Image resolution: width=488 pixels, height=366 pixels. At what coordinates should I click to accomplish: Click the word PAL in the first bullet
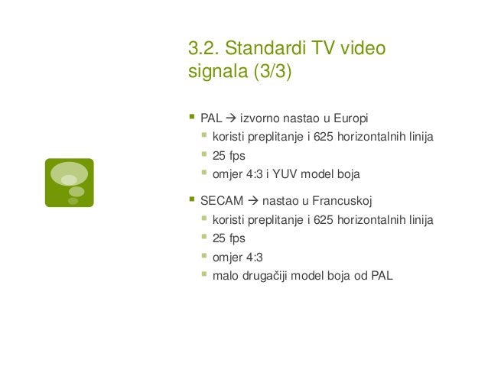point(211,119)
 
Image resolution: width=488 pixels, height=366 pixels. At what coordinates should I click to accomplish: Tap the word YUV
point(290,174)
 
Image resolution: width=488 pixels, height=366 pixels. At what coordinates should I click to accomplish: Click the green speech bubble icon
point(69,183)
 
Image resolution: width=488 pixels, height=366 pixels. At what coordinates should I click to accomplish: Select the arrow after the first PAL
point(230,119)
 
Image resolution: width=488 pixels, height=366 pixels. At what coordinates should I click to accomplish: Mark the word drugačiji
point(269,275)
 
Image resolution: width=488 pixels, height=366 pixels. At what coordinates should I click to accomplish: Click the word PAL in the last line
point(382,275)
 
